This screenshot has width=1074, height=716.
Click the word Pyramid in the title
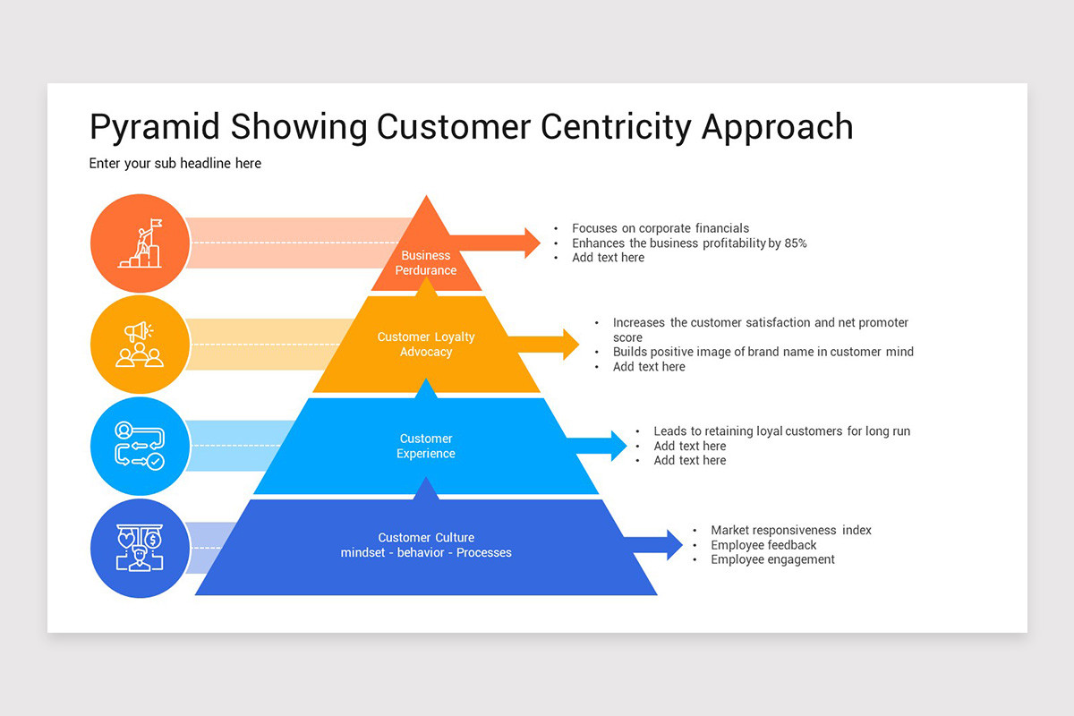[x=156, y=127]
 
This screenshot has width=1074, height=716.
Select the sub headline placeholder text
[x=175, y=164]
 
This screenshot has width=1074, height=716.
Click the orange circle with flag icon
[x=140, y=243]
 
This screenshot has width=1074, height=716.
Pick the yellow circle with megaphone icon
[x=140, y=345]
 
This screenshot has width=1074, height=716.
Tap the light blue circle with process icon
[x=140, y=446]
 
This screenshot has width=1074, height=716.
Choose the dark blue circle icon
[x=140, y=548]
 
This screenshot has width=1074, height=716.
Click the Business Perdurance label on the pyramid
[x=426, y=263]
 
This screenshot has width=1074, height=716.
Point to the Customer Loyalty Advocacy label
[x=426, y=345]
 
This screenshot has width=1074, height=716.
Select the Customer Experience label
[x=426, y=446]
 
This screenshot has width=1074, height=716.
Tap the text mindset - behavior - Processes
[x=426, y=553]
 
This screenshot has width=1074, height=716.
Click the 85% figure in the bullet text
[x=794, y=243]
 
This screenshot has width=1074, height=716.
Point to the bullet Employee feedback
[x=763, y=545]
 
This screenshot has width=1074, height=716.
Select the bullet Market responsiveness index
[x=791, y=531]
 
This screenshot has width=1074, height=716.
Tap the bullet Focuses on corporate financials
[x=661, y=228]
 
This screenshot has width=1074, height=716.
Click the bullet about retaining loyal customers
[x=781, y=431]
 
